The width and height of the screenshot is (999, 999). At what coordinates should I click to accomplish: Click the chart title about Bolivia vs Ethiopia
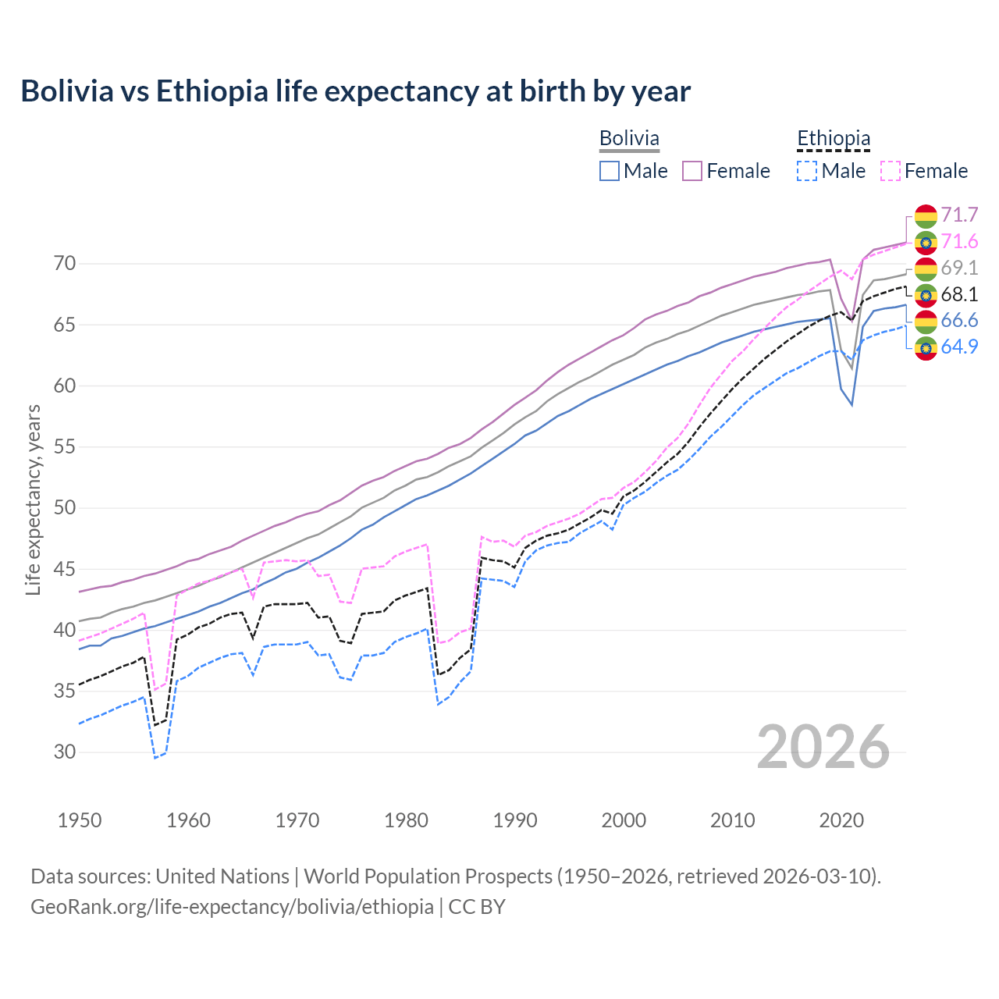point(355,91)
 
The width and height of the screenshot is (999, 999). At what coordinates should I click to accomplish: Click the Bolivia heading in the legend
point(629,139)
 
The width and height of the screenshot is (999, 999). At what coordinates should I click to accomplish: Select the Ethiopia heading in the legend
point(833,139)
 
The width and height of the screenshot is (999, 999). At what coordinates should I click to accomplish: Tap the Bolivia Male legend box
point(610,171)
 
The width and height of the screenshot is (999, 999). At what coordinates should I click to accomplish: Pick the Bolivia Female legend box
point(692,171)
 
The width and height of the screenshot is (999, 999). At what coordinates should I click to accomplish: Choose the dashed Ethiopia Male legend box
point(807,171)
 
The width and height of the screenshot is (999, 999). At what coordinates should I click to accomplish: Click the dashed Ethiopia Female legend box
point(891,171)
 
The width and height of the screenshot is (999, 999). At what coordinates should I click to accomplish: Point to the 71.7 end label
point(959,215)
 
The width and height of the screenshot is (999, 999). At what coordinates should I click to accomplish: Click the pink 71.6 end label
point(959,242)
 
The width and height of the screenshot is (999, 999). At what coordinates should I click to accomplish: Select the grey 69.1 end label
point(959,268)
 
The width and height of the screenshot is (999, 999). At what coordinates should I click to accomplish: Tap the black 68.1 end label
point(959,295)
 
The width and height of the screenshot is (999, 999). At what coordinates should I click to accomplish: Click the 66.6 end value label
point(959,321)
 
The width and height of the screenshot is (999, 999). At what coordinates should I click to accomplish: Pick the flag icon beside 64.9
point(926,347)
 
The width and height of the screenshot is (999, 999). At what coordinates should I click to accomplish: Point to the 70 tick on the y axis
point(65,264)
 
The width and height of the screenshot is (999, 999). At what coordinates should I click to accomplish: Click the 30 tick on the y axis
point(65,752)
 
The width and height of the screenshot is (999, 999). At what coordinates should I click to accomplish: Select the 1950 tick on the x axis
point(80,820)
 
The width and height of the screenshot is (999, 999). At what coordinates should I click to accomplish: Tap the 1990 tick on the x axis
point(515,820)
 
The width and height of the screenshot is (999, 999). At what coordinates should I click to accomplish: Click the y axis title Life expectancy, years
point(34,499)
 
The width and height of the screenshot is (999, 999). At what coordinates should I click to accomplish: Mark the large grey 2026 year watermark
point(823,748)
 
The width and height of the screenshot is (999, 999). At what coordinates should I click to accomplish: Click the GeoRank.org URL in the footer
point(232,907)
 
